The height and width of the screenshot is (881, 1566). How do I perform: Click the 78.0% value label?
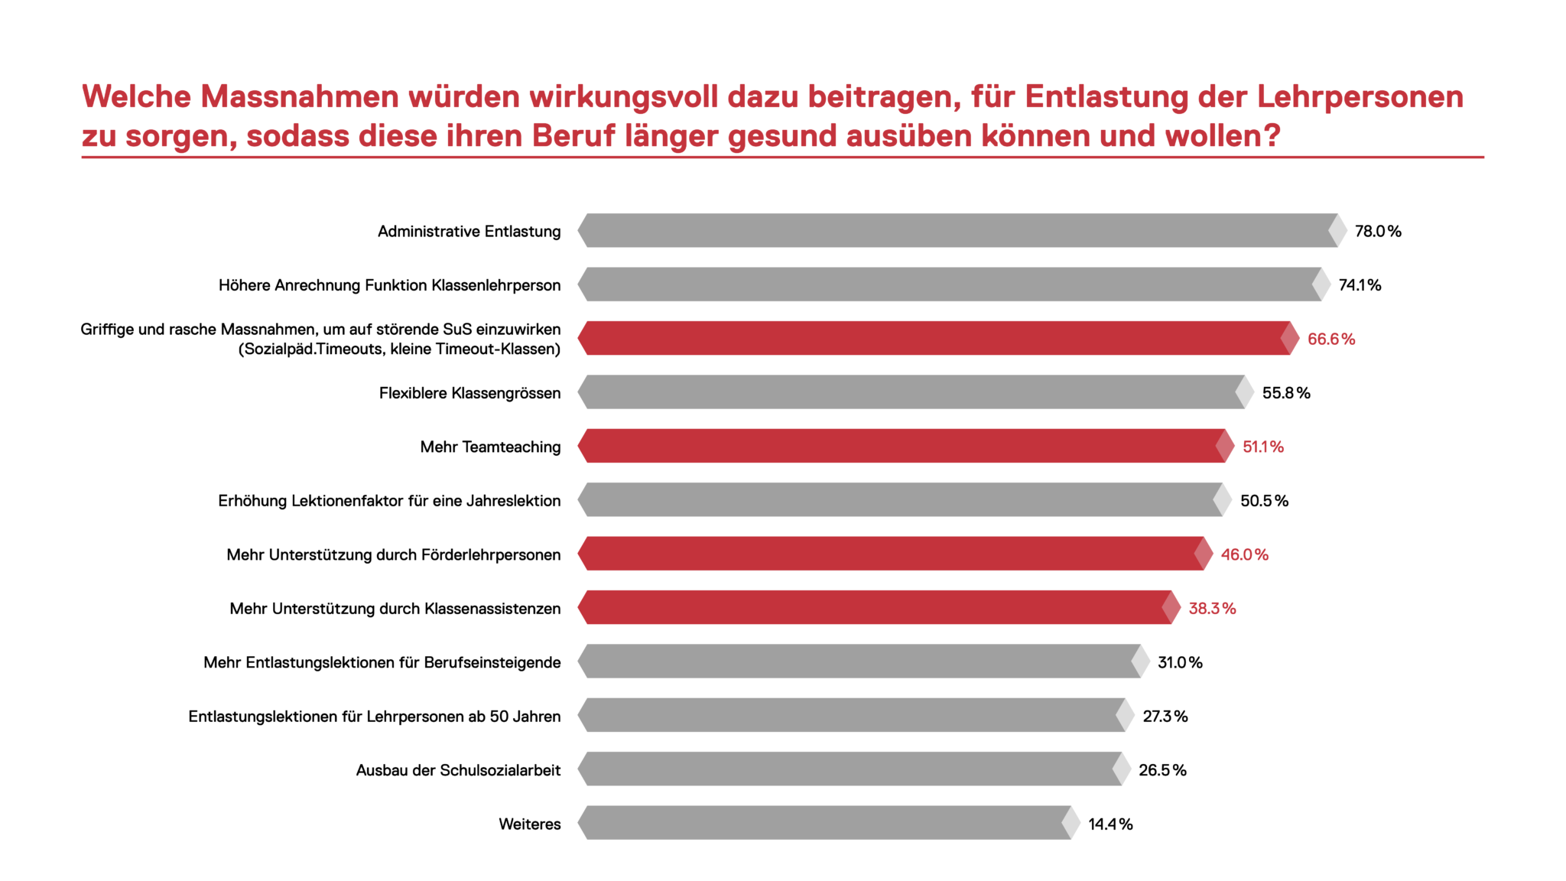pyautogui.click(x=1377, y=231)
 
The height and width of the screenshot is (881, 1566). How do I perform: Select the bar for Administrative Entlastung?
pyautogui.click(x=956, y=230)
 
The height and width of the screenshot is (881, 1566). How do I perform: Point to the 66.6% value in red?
pyautogui.click(x=1330, y=339)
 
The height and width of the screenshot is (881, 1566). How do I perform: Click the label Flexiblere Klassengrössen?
pyautogui.click(x=469, y=393)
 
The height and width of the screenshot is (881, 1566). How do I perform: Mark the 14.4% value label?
pyautogui.click(x=1110, y=824)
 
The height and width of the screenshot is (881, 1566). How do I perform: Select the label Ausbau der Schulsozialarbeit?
pyautogui.click(x=458, y=770)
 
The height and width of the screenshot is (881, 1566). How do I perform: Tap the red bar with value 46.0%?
pyautogui.click(x=891, y=554)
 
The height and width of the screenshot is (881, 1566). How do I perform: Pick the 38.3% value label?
pyautogui.click(x=1211, y=608)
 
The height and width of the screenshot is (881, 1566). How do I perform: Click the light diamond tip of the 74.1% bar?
pyautogui.click(x=1321, y=284)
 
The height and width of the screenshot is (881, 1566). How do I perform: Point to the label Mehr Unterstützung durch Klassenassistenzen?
pyautogui.click(x=395, y=609)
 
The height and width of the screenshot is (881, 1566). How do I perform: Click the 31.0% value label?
pyautogui.click(x=1179, y=662)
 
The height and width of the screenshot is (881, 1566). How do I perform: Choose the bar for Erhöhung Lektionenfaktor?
pyautogui.click(x=898, y=500)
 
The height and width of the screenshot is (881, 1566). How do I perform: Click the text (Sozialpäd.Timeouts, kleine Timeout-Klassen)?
pyautogui.click(x=399, y=349)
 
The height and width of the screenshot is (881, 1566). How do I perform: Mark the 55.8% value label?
pyautogui.click(x=1285, y=393)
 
